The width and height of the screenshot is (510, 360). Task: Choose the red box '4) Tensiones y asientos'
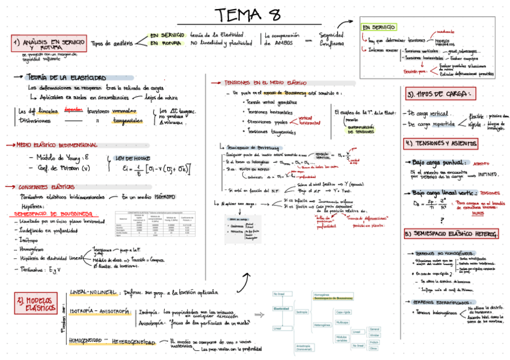point(442,144)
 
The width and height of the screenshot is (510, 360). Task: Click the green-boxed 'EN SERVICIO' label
point(379,28)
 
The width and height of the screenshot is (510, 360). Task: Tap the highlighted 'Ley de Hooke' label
point(133,158)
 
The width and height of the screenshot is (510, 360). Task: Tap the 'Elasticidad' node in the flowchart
point(281,308)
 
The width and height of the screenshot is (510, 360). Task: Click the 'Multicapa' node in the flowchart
point(342,323)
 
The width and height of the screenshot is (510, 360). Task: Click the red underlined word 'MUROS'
point(478,212)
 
